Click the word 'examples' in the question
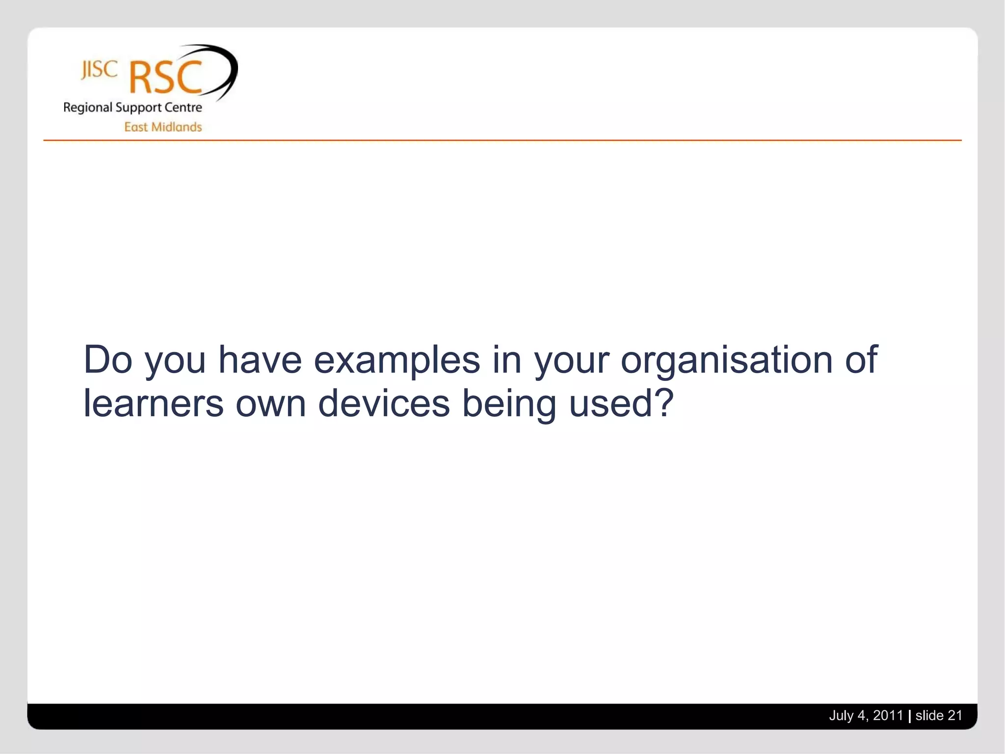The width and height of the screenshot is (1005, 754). click(397, 360)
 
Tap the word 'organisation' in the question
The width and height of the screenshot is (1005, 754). click(726, 360)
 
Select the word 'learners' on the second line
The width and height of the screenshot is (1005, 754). click(153, 403)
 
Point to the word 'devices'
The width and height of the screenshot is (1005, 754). click(384, 403)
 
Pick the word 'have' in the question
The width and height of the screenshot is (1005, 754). click(260, 360)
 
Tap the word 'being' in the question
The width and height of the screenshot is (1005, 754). click(509, 404)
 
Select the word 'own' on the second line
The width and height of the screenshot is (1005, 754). click(270, 404)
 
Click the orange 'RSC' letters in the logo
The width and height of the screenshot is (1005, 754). click(165, 78)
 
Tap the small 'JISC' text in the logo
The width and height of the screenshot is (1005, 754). click(99, 70)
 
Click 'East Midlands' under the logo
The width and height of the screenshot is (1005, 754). click(163, 127)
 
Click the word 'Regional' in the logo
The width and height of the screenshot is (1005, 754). click(88, 108)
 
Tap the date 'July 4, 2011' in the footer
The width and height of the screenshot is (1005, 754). click(866, 715)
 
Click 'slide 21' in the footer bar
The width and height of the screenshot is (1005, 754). click(938, 715)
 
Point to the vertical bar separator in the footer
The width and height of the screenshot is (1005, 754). click(909, 716)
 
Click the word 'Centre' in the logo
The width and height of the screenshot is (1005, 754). click(183, 108)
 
